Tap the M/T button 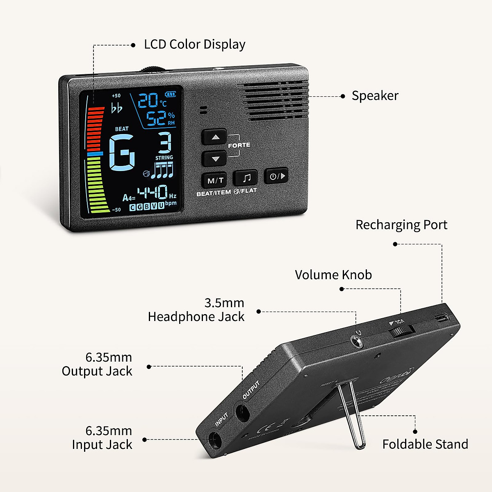coord(214,180)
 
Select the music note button coord(246,178)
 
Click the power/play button coord(277,176)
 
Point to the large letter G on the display coord(122,153)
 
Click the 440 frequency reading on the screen coord(152,192)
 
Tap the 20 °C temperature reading coord(152,100)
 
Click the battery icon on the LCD coord(171,94)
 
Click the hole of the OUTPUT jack coord(242,412)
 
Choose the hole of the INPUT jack coord(215,441)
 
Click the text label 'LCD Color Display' coord(194,44)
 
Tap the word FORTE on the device coord(239,145)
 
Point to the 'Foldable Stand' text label coord(425,444)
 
